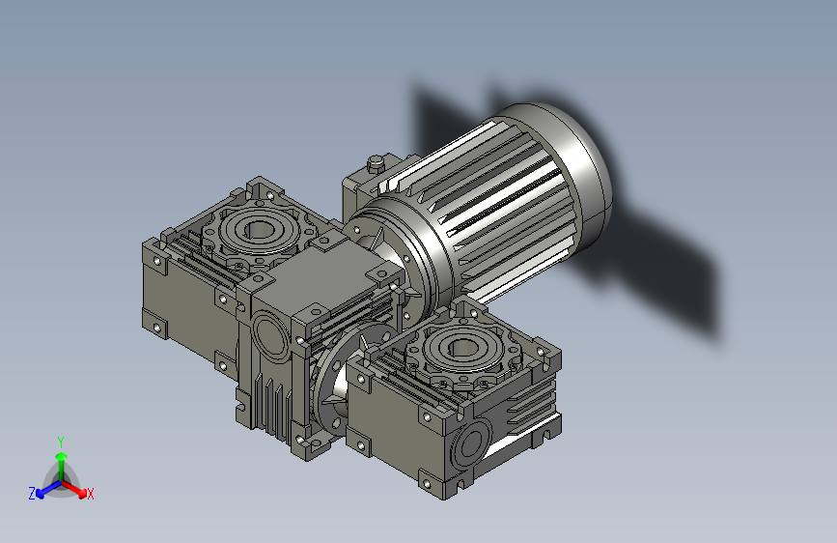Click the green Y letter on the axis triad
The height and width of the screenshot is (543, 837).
tap(60, 441)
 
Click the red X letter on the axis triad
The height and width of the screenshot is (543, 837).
tap(91, 495)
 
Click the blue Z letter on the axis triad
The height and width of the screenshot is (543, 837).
tap(32, 493)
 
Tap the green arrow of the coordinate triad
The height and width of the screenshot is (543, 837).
tap(61, 459)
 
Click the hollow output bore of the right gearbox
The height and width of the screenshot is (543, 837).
tap(460, 344)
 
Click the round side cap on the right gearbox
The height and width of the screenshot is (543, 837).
tap(472, 444)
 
